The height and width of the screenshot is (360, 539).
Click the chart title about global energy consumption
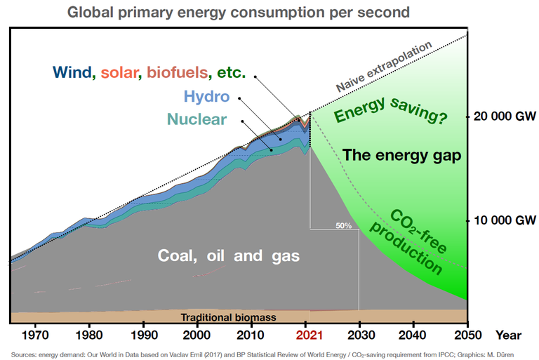coord(239,12)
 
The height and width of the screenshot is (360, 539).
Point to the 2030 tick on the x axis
coord(359,335)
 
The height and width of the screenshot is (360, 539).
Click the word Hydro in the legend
coord(206,96)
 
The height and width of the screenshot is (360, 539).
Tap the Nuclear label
coord(197,119)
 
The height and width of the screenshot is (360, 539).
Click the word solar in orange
coord(122,72)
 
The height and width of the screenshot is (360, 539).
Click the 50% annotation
coord(343,225)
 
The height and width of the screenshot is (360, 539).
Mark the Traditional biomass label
coord(228,317)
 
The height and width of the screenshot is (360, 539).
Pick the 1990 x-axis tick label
coord(144,335)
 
